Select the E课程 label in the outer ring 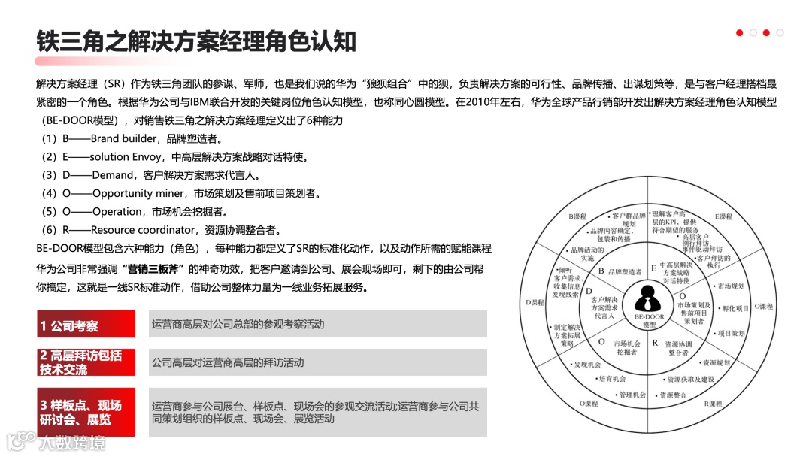pos(723,216)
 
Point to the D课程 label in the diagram pos(535,302)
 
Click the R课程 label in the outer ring pos(713,404)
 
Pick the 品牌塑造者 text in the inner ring pos(625,271)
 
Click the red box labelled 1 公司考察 pos(86,325)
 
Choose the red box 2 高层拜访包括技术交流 pos(86,362)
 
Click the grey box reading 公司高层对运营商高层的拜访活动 pos(318,362)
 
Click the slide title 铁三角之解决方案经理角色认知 pos(196,41)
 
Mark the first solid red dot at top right pos(740,33)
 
